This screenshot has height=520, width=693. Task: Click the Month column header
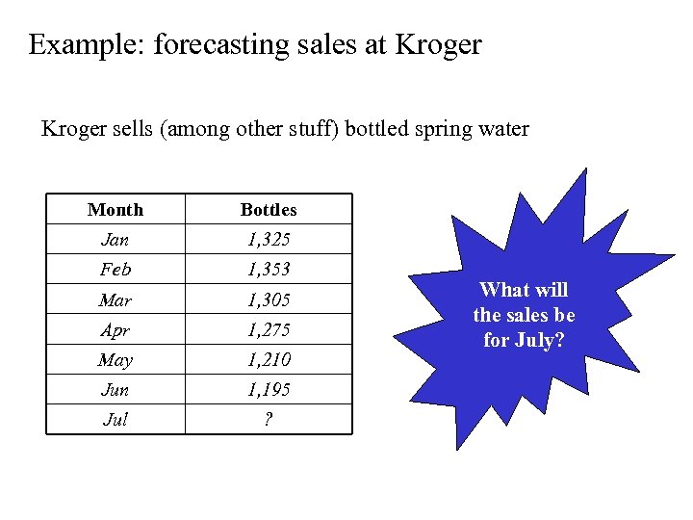click(x=115, y=209)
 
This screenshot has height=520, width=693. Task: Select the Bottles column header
click(x=269, y=209)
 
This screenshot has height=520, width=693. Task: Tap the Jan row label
click(x=115, y=239)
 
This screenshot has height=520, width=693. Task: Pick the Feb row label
click(x=115, y=269)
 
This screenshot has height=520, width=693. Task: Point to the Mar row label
click(x=115, y=299)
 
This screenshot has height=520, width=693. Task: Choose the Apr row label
click(x=115, y=329)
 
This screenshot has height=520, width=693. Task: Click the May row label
click(x=115, y=360)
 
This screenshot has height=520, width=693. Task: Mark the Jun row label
click(x=115, y=390)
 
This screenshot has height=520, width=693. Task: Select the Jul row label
click(x=115, y=420)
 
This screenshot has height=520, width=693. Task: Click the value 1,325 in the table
click(x=269, y=239)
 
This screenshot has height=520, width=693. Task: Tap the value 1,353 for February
click(x=269, y=269)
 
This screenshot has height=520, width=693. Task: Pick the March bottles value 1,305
click(x=269, y=299)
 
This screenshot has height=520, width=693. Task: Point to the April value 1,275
click(x=269, y=329)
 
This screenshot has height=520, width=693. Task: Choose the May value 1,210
click(x=269, y=360)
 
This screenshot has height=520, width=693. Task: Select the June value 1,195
click(x=269, y=390)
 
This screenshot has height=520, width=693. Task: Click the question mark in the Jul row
click(x=269, y=420)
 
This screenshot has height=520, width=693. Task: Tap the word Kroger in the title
click(x=432, y=45)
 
